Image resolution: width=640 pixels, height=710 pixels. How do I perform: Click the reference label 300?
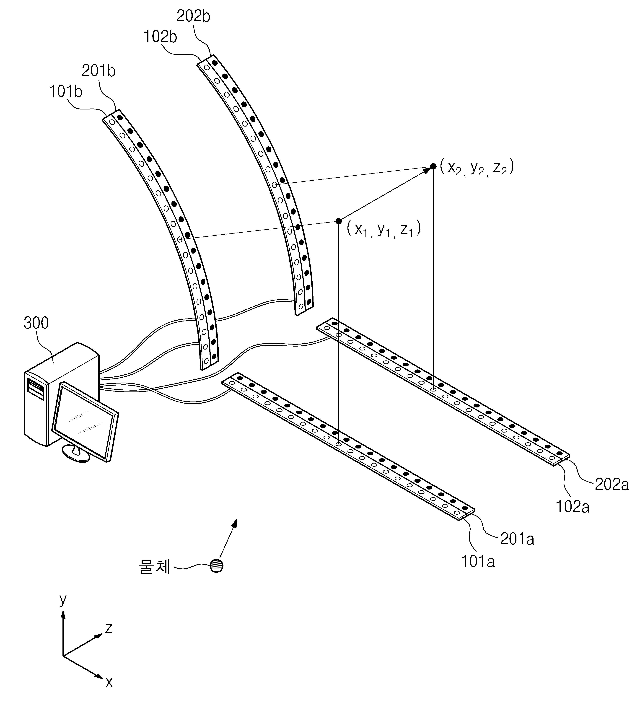(36, 323)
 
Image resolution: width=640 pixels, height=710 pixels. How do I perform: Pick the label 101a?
(478, 562)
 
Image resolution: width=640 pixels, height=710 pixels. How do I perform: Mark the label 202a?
(612, 484)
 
